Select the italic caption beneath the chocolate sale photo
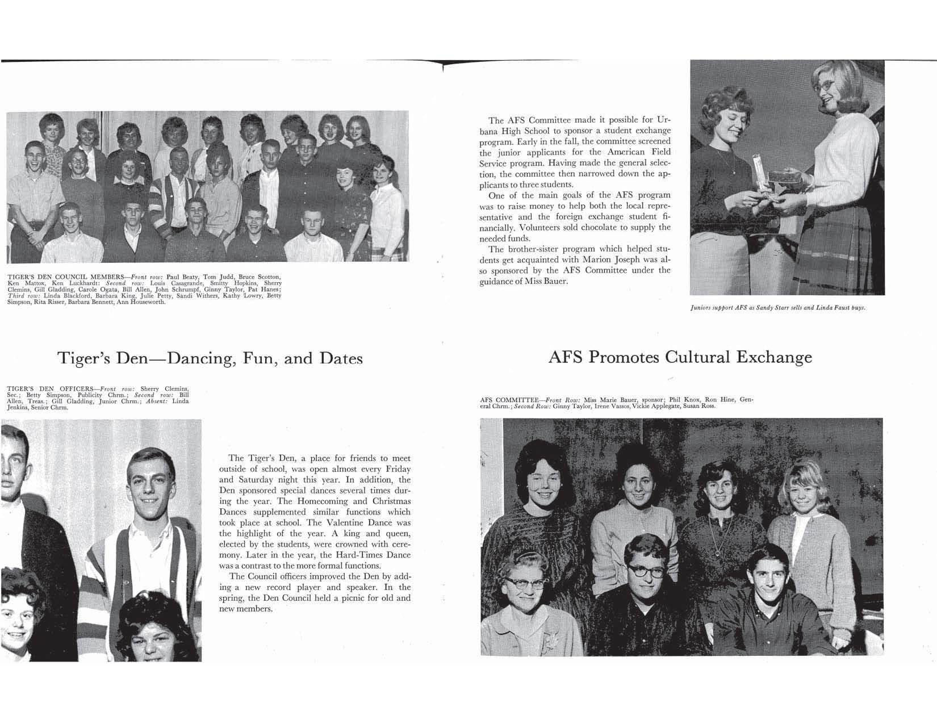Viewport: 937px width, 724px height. point(777,308)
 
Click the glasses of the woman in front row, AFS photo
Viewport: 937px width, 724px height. point(522,583)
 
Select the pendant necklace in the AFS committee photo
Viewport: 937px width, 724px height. point(718,551)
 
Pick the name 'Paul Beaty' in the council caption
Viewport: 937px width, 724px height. point(184,277)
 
